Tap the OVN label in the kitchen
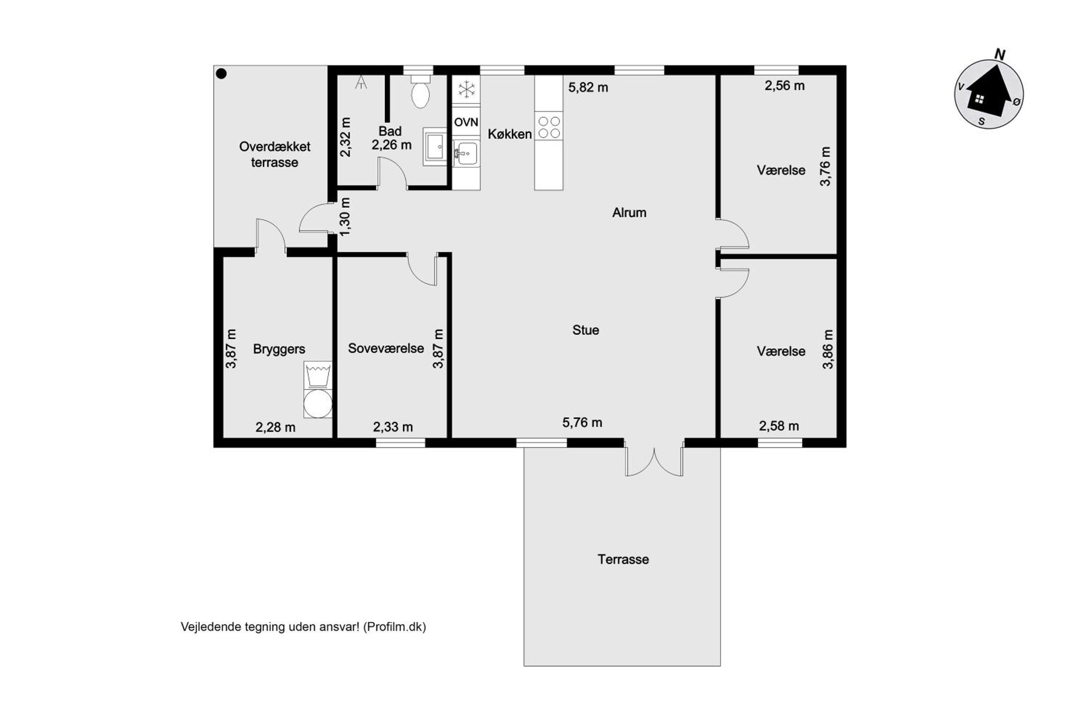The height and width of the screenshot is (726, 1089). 466,122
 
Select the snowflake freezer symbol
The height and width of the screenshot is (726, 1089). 466,89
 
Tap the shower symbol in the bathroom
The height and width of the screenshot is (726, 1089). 361,82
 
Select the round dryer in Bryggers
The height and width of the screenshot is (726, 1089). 318,403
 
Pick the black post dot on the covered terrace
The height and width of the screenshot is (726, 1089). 221,74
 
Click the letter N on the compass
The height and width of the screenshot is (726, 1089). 1000,55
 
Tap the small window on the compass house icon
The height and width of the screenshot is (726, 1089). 979,99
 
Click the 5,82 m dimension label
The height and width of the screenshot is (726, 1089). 588,87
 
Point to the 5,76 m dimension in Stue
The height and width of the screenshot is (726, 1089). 582,422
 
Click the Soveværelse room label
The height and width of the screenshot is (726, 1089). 386,348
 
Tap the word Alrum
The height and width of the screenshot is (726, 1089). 629,212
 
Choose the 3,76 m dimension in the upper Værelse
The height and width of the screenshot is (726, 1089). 825,166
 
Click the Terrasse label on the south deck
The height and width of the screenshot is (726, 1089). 623,559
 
